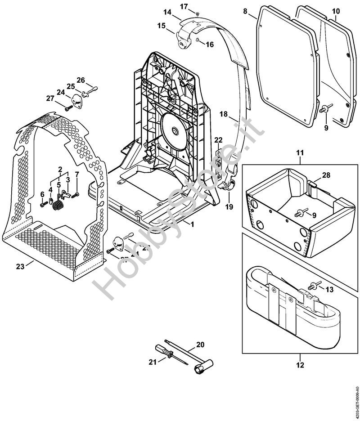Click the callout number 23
(20, 267)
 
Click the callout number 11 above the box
(300, 154)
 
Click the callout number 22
(218, 141)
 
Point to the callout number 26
(81, 80)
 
